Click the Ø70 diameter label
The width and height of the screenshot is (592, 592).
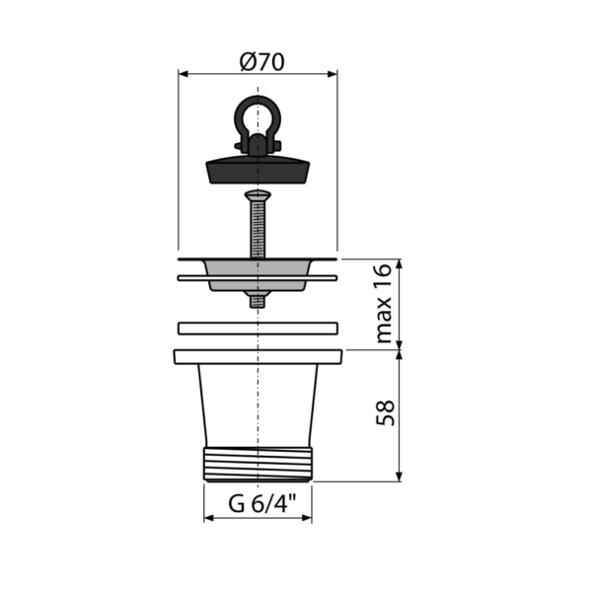coord(262,62)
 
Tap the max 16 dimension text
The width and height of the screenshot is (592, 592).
coord(385,304)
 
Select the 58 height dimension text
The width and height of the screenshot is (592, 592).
coord(385,413)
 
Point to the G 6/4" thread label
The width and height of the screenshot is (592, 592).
coord(262,503)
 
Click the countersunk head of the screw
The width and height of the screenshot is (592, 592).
coord(258,196)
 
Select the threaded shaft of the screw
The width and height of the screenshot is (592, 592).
coord(258,230)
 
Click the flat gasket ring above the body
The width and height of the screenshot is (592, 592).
coord(258,329)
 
